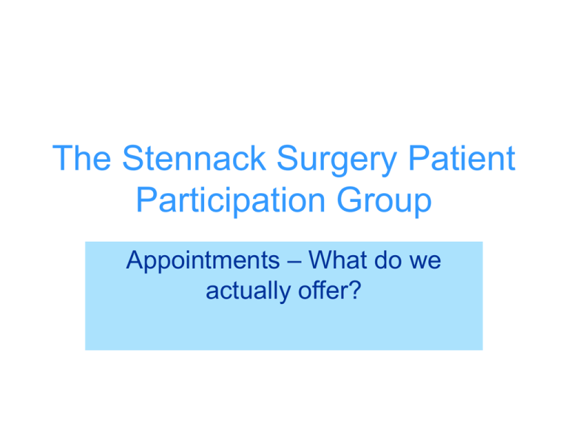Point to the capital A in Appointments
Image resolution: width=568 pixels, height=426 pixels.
point(134,261)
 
